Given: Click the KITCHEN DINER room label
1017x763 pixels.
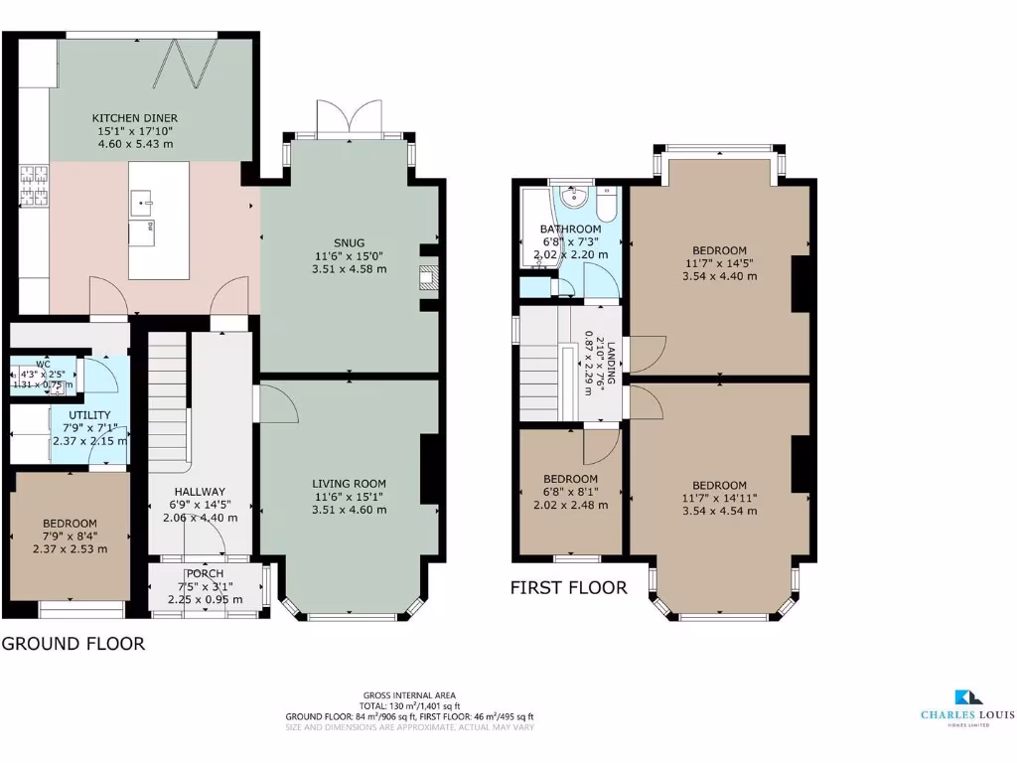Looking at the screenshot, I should click(137, 117).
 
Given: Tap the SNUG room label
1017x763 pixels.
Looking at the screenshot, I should click(349, 241).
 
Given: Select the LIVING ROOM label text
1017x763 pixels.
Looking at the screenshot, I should click(349, 483).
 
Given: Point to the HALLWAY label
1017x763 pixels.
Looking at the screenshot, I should click(200, 491).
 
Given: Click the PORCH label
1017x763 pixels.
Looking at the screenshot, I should click(206, 573).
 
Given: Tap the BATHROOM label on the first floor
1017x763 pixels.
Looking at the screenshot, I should click(570, 229).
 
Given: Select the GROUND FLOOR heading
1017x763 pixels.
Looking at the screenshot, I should click(73, 644).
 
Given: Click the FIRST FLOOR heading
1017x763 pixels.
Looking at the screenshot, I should click(568, 587).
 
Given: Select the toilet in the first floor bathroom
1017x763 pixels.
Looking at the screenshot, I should click(607, 204).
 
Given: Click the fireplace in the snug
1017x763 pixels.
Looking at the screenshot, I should click(428, 279).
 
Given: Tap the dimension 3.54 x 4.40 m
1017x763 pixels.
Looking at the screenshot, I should click(719, 275).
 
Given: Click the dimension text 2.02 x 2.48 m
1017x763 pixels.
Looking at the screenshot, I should click(570, 505).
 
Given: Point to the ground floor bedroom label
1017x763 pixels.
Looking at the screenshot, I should click(70, 524).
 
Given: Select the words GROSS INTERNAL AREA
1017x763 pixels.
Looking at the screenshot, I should click(410, 695).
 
